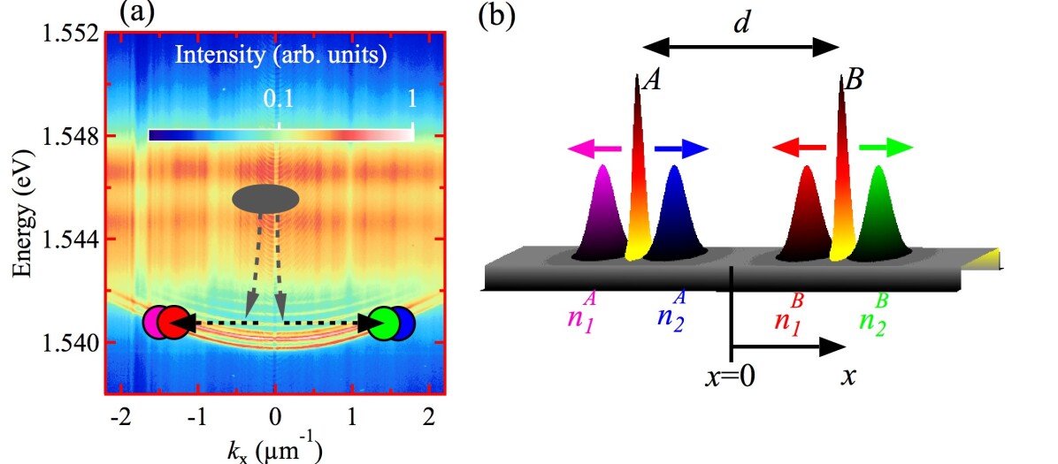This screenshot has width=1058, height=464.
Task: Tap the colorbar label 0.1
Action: (x=279, y=101)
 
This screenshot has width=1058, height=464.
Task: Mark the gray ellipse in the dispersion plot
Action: (x=265, y=199)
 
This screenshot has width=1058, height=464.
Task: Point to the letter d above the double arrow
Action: (x=740, y=23)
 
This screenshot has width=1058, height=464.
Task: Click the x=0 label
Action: (x=730, y=377)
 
